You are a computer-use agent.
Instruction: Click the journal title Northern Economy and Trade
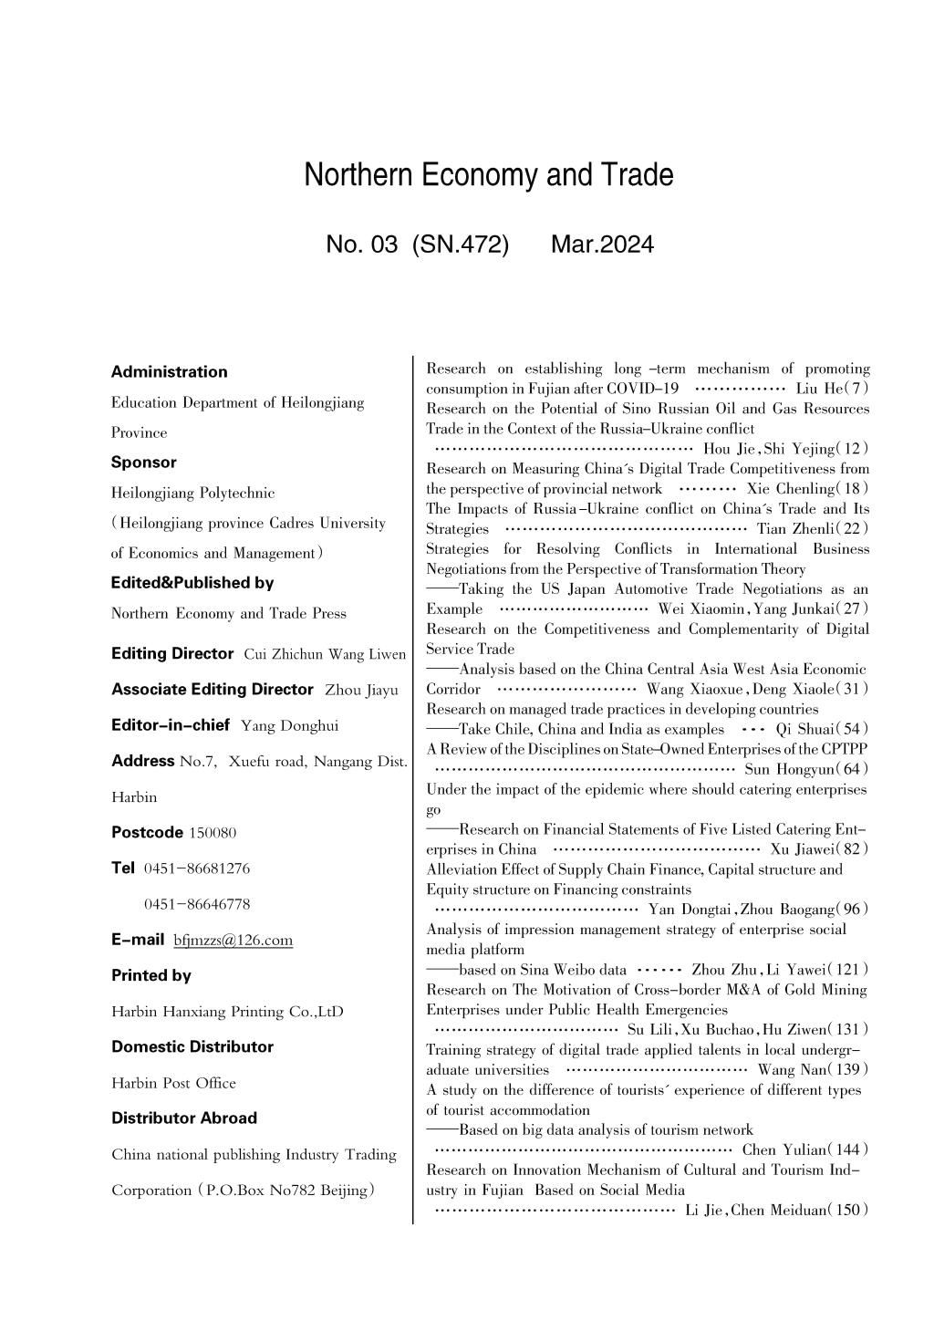(x=489, y=174)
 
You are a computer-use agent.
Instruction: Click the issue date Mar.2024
(x=602, y=244)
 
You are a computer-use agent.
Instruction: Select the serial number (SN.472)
(x=461, y=244)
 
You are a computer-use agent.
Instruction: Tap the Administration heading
(x=170, y=371)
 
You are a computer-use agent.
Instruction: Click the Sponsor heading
(x=144, y=462)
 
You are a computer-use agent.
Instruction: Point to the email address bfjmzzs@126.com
(x=233, y=940)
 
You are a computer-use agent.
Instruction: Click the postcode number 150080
(x=213, y=833)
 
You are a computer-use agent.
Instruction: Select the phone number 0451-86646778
(x=197, y=904)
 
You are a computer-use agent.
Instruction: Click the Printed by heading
(x=151, y=975)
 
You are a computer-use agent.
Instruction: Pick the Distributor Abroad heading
(x=184, y=1118)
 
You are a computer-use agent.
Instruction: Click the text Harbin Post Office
(x=173, y=1083)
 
